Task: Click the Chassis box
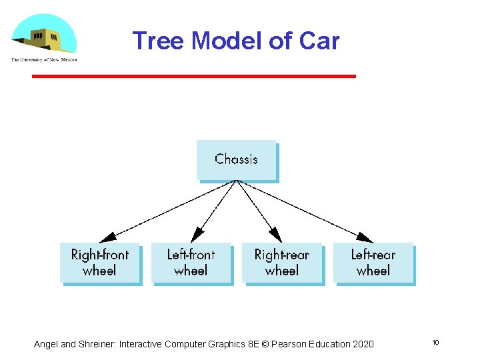[237, 160]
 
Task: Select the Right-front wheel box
[100, 263]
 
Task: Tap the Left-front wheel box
[191, 263]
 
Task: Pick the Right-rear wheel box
[282, 263]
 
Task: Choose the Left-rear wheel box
[373, 263]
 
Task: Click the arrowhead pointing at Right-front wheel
[107, 238]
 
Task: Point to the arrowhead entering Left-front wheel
[195, 237]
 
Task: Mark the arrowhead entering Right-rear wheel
[277, 237]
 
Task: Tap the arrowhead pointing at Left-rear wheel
[366, 238]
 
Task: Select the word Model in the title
[227, 41]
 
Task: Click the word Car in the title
[319, 41]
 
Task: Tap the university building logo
[44, 35]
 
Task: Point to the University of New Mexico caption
[44, 60]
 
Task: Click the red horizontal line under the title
[193, 76]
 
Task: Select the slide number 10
[435, 343]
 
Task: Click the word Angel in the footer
[46, 344]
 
